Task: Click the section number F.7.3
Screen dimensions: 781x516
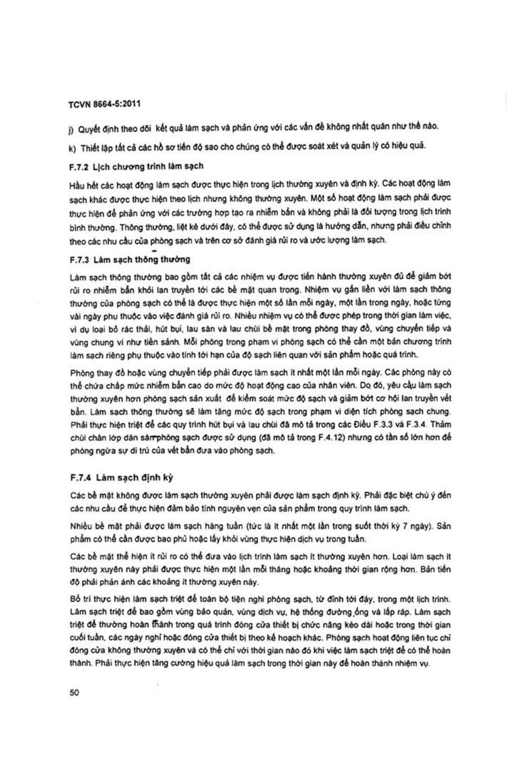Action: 79,260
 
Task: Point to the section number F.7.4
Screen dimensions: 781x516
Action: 80,478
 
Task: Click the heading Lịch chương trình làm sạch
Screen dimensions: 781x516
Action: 145,166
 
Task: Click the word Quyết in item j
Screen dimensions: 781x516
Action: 89,129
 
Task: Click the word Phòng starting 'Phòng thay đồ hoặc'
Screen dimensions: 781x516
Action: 82,373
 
